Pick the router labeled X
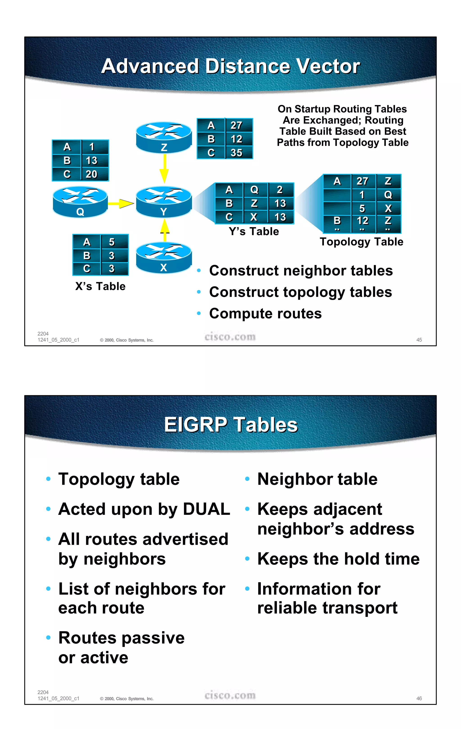[164, 257]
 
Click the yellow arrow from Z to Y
[164, 168]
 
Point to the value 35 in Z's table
[237, 153]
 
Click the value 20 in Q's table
[91, 174]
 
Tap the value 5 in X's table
[112, 242]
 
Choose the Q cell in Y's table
[254, 190]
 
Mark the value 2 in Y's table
[280, 190]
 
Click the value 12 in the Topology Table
[362, 221]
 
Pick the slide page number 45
[419, 340]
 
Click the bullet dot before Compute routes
[199, 313]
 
